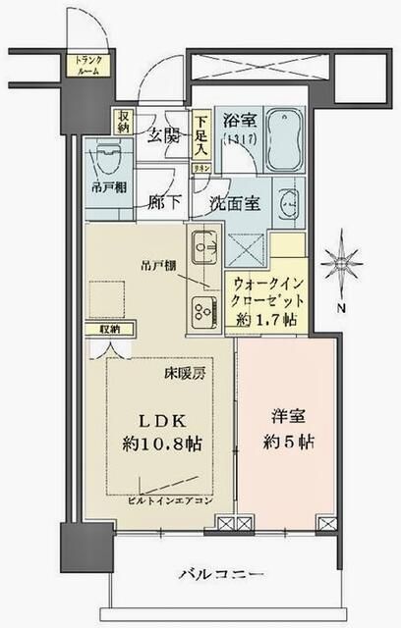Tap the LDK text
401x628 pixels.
point(163,419)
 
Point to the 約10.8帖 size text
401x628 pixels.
point(163,443)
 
